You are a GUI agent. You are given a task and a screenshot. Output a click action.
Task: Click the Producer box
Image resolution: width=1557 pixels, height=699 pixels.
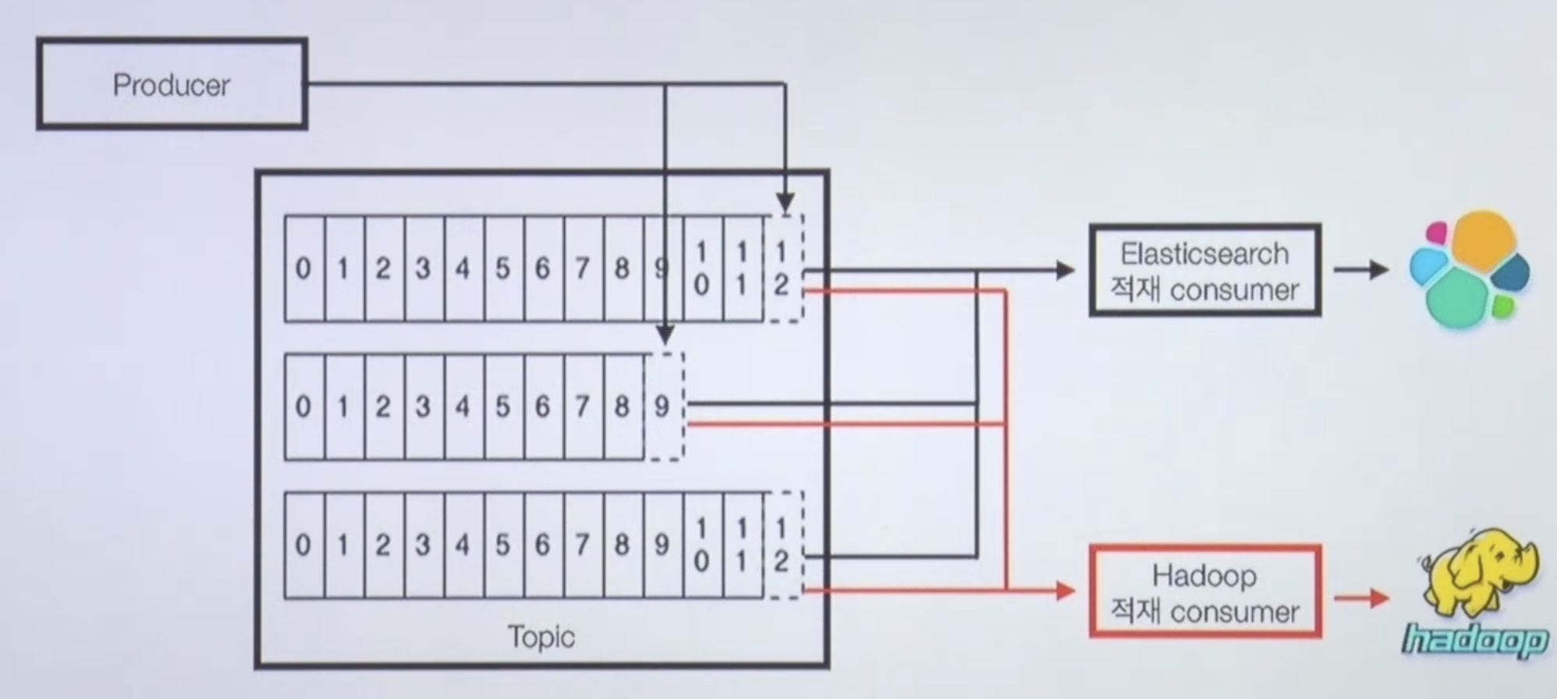coord(172,84)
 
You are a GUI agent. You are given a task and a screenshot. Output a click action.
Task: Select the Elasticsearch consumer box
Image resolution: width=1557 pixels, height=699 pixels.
coord(1204,271)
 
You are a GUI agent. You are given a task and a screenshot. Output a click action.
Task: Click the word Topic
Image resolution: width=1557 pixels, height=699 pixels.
coord(541,637)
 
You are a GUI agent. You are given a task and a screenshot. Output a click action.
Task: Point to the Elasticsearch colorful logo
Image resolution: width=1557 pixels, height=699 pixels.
coord(1469,270)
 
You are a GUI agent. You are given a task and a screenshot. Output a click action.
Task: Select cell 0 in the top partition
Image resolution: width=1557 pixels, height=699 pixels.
coord(303,269)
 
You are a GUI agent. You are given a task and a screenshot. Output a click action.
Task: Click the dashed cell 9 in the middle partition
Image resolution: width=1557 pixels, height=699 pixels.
coord(663,406)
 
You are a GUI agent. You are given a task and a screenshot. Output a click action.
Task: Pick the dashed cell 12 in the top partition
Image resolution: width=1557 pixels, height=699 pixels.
coord(782,269)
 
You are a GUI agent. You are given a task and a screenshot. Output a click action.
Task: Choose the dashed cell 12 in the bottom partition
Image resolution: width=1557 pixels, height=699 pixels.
coord(782,545)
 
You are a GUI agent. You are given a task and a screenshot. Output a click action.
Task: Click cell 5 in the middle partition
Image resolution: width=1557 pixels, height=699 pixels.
coord(503,406)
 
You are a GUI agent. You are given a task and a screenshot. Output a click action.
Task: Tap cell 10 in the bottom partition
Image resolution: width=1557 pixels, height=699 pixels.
coord(702,545)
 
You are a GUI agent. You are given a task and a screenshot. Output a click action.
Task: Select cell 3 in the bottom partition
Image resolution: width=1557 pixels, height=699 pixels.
coord(423,545)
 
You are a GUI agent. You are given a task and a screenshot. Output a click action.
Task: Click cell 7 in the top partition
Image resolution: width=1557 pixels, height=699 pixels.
coord(583,269)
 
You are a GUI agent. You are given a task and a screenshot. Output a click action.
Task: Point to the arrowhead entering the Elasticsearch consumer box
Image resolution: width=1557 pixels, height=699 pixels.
coord(1066,271)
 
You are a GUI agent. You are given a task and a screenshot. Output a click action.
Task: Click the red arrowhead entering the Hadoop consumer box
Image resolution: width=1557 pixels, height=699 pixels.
coord(1066,591)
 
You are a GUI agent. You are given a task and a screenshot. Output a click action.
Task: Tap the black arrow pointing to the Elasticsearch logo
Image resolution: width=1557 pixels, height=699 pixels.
coord(1361,271)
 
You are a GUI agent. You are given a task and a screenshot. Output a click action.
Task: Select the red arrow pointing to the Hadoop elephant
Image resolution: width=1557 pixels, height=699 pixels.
coord(1362,598)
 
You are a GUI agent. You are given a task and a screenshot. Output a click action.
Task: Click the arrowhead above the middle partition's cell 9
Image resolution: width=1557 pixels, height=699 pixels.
coord(665,335)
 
